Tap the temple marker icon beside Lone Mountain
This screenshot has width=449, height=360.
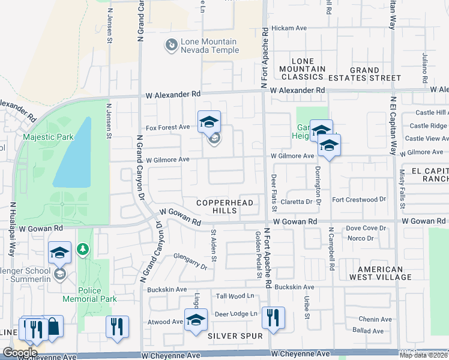[x=172, y=44]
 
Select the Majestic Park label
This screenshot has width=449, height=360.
[x=48, y=137]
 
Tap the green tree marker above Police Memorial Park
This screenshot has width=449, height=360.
[x=83, y=248]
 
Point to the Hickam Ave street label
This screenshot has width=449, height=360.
[x=289, y=28]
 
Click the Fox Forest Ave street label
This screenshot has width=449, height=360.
[x=167, y=127]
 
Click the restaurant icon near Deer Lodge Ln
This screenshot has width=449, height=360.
[x=273, y=318]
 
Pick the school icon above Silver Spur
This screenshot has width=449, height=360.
[x=195, y=319]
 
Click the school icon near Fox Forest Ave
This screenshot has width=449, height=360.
[x=209, y=122]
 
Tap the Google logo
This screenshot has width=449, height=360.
[x=20, y=353]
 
